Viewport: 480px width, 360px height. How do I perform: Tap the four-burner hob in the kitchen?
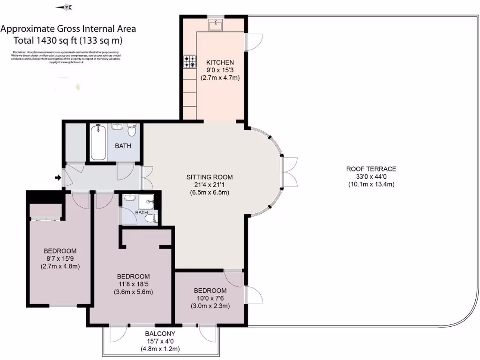(190, 62)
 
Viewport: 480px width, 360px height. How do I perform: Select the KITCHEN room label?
(220, 62)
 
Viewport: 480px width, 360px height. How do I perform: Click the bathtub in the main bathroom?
(97, 142)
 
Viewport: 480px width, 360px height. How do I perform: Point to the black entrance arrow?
(58, 178)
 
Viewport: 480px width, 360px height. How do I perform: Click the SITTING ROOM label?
(210, 177)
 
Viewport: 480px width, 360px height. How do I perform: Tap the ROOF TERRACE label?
(371, 169)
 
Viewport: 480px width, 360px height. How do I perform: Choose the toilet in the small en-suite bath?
(150, 218)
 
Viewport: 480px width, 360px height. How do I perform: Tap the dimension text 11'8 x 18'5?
(134, 284)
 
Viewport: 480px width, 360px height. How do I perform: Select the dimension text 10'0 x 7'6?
(210, 299)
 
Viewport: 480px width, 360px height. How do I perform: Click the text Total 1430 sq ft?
(68, 40)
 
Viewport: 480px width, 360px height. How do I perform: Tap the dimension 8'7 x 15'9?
(60, 259)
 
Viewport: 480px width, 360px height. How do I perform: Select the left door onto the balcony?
(115, 334)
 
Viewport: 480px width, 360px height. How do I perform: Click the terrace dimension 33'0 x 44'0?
(371, 177)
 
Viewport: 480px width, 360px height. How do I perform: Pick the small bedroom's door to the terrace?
(253, 295)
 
